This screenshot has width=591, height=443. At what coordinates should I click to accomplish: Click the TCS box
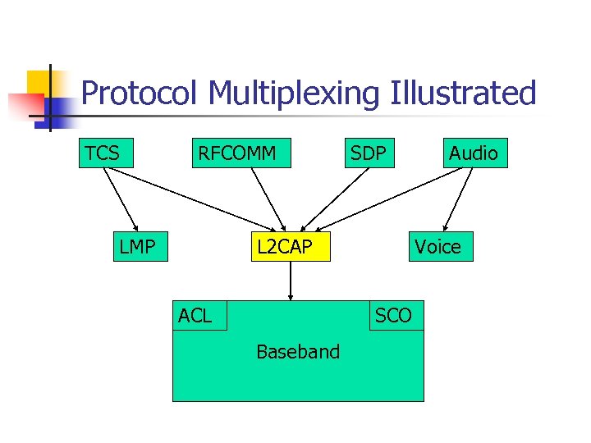pos(105,153)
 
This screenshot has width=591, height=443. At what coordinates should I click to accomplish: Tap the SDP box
pos(369,153)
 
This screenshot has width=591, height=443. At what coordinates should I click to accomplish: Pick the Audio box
pos(473,153)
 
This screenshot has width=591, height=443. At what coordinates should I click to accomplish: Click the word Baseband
pos(298,352)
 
